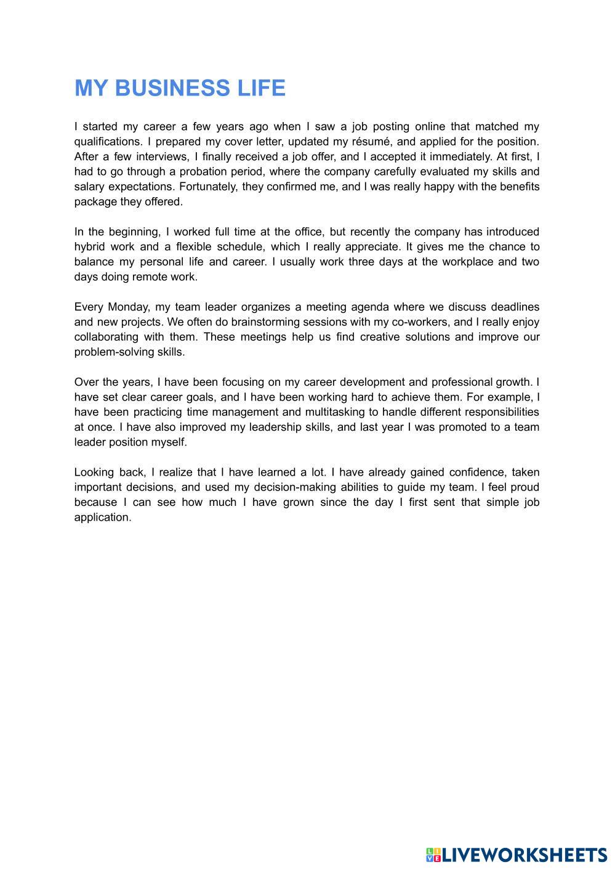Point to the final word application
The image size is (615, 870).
(x=102, y=518)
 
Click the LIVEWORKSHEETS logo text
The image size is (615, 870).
(x=524, y=855)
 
